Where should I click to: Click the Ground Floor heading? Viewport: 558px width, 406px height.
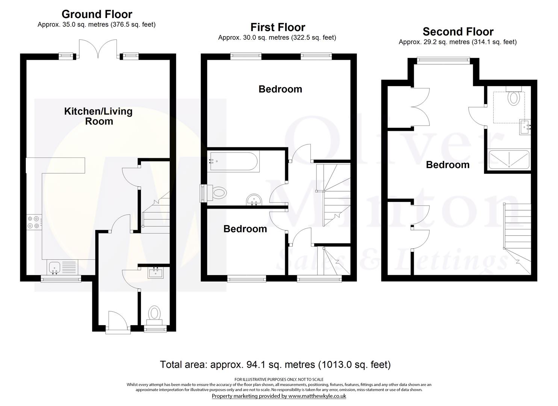(97, 14)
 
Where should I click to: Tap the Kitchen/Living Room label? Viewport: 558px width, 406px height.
(98, 116)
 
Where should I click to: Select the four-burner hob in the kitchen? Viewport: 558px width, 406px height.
(33, 222)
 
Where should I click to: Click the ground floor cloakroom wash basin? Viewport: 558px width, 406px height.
(156, 272)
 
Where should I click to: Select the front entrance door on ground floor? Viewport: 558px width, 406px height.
(118, 323)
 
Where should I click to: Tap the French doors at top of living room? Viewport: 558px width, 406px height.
(99, 49)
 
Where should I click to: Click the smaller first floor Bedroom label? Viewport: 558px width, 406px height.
(245, 229)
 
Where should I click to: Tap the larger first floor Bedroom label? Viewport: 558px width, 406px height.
(280, 89)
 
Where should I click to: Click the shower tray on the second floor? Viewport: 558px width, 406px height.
(508, 159)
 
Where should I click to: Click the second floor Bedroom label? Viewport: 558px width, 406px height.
(448, 165)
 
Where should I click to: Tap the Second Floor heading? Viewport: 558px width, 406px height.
(458, 32)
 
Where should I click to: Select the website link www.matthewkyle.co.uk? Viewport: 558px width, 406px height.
(317, 396)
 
